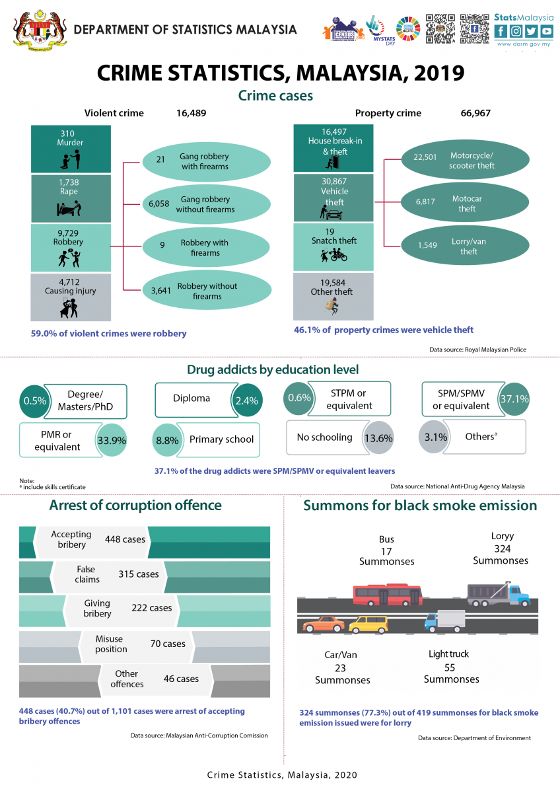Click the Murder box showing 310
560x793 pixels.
point(70,149)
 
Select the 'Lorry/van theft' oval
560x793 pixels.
point(465,246)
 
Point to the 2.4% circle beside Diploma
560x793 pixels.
point(246,399)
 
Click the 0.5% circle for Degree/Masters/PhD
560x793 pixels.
point(35,400)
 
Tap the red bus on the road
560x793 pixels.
point(387,595)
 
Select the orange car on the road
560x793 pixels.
point(324,623)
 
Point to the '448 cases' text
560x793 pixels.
point(125,539)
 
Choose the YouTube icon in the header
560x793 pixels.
point(546,31)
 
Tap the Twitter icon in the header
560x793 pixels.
point(531,31)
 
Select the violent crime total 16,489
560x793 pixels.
point(191,113)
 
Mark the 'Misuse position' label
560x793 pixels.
point(111,644)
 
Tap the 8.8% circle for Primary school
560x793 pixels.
point(167,439)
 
